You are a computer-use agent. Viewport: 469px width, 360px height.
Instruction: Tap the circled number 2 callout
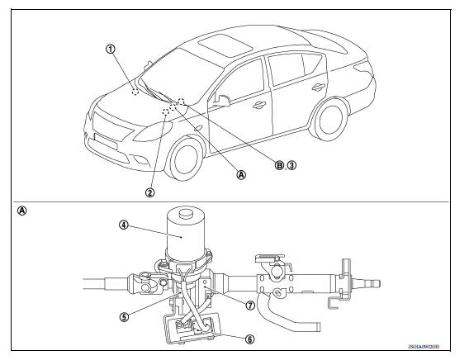(149, 192)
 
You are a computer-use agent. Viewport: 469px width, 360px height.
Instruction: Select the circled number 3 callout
(291, 165)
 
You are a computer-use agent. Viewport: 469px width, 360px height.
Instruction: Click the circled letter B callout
(279, 165)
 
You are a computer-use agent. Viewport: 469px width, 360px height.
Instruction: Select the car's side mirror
(221, 101)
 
